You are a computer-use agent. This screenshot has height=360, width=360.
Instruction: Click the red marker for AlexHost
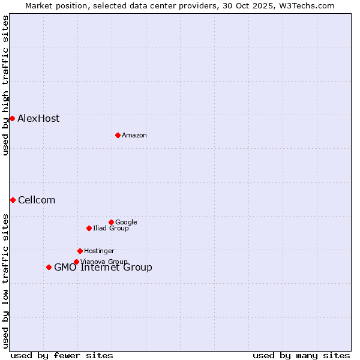[12, 118]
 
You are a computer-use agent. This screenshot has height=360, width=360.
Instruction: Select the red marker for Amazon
[118, 135]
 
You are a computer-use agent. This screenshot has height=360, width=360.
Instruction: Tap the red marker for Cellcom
[13, 200]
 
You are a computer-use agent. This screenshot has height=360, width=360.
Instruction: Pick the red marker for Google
[111, 222]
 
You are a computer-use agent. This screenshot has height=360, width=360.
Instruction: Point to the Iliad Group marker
[89, 228]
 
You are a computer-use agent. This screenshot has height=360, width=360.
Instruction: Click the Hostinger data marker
[80, 251]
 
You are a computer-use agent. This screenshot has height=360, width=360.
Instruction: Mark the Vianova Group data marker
[76, 262]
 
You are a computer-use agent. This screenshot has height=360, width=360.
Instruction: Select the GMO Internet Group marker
[49, 267]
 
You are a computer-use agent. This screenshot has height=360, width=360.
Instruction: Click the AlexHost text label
[38, 118]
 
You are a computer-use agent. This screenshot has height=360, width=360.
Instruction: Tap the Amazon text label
[134, 135]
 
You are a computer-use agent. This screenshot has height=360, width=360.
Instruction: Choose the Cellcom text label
[37, 200]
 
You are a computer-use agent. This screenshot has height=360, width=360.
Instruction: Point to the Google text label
[126, 222]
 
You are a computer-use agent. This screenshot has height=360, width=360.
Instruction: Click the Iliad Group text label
[111, 228]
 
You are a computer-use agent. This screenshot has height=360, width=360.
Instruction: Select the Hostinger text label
[99, 251]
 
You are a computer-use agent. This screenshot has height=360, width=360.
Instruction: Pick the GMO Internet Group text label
[103, 268]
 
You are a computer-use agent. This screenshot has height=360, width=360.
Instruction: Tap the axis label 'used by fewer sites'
[62, 355]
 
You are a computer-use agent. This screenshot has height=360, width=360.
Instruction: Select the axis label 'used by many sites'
[301, 355]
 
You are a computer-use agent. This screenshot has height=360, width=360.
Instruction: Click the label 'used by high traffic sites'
[5, 85]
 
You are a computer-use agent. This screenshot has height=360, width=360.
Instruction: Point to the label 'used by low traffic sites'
[5, 281]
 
